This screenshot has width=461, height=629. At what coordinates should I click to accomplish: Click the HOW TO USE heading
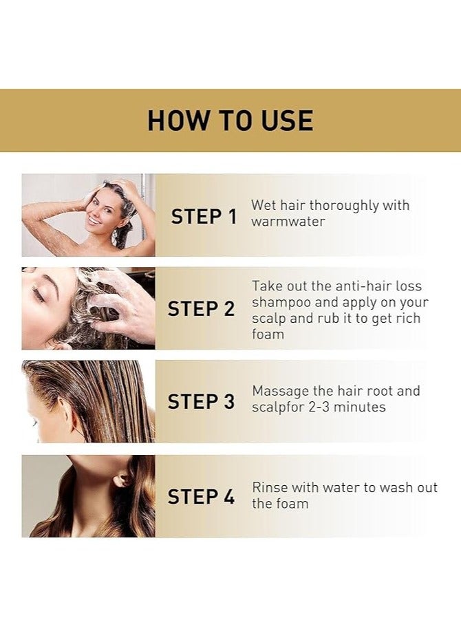tap(230, 120)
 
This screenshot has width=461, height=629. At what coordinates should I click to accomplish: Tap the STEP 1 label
tap(204, 216)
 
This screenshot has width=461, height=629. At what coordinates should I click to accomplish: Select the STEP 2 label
tap(201, 309)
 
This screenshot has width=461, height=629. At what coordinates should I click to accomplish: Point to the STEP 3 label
tap(201, 402)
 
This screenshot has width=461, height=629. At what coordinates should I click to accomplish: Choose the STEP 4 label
tap(201, 496)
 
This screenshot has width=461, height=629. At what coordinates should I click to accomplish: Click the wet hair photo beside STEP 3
tap(88, 401)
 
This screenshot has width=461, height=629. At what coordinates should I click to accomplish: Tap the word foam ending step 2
tap(268, 334)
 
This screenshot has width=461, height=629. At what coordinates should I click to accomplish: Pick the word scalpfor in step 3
tap(279, 407)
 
